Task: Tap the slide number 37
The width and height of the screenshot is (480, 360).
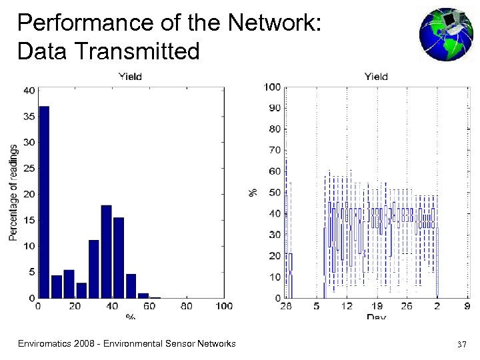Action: point(461,345)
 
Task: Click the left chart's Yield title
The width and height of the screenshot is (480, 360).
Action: point(130,76)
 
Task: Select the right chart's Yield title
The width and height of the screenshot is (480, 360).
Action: point(376,76)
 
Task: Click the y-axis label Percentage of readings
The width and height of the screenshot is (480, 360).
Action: point(13,193)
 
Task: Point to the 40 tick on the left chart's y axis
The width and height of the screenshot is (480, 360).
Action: point(30,91)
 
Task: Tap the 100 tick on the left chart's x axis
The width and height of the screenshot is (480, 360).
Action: point(224,306)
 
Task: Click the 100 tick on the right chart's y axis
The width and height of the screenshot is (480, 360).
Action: point(272,87)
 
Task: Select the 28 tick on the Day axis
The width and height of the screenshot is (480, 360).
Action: point(286,306)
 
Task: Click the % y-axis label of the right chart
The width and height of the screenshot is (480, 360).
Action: point(253,192)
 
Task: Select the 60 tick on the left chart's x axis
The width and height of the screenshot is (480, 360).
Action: point(149,306)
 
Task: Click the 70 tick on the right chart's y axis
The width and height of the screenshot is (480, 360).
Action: point(274,150)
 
